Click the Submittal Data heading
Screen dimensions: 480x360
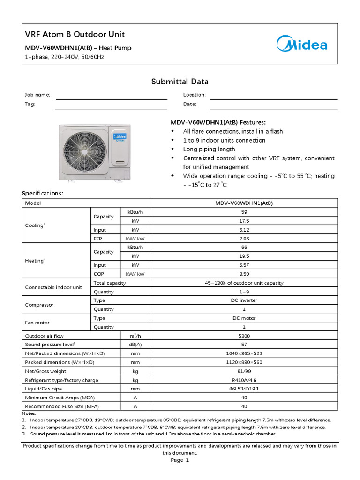[x=180, y=82]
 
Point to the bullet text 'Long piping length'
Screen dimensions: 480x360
[x=209, y=149]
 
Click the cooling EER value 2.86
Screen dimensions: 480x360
[x=244, y=239]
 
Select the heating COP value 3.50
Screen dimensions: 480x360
[x=244, y=274]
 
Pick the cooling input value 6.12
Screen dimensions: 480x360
[x=244, y=230]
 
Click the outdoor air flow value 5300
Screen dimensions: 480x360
[x=244, y=336]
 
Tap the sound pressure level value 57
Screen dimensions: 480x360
[x=244, y=345]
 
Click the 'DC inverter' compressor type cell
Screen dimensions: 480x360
[x=244, y=300]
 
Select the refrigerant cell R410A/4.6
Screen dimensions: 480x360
[x=244, y=380]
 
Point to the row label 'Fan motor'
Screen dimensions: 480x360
[x=37, y=322]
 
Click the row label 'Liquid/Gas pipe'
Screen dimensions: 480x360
[x=43, y=389]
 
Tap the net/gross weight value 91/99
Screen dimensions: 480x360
[x=244, y=371]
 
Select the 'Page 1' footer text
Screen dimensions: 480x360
[x=180, y=460]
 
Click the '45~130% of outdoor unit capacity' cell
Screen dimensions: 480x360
[x=244, y=283]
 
